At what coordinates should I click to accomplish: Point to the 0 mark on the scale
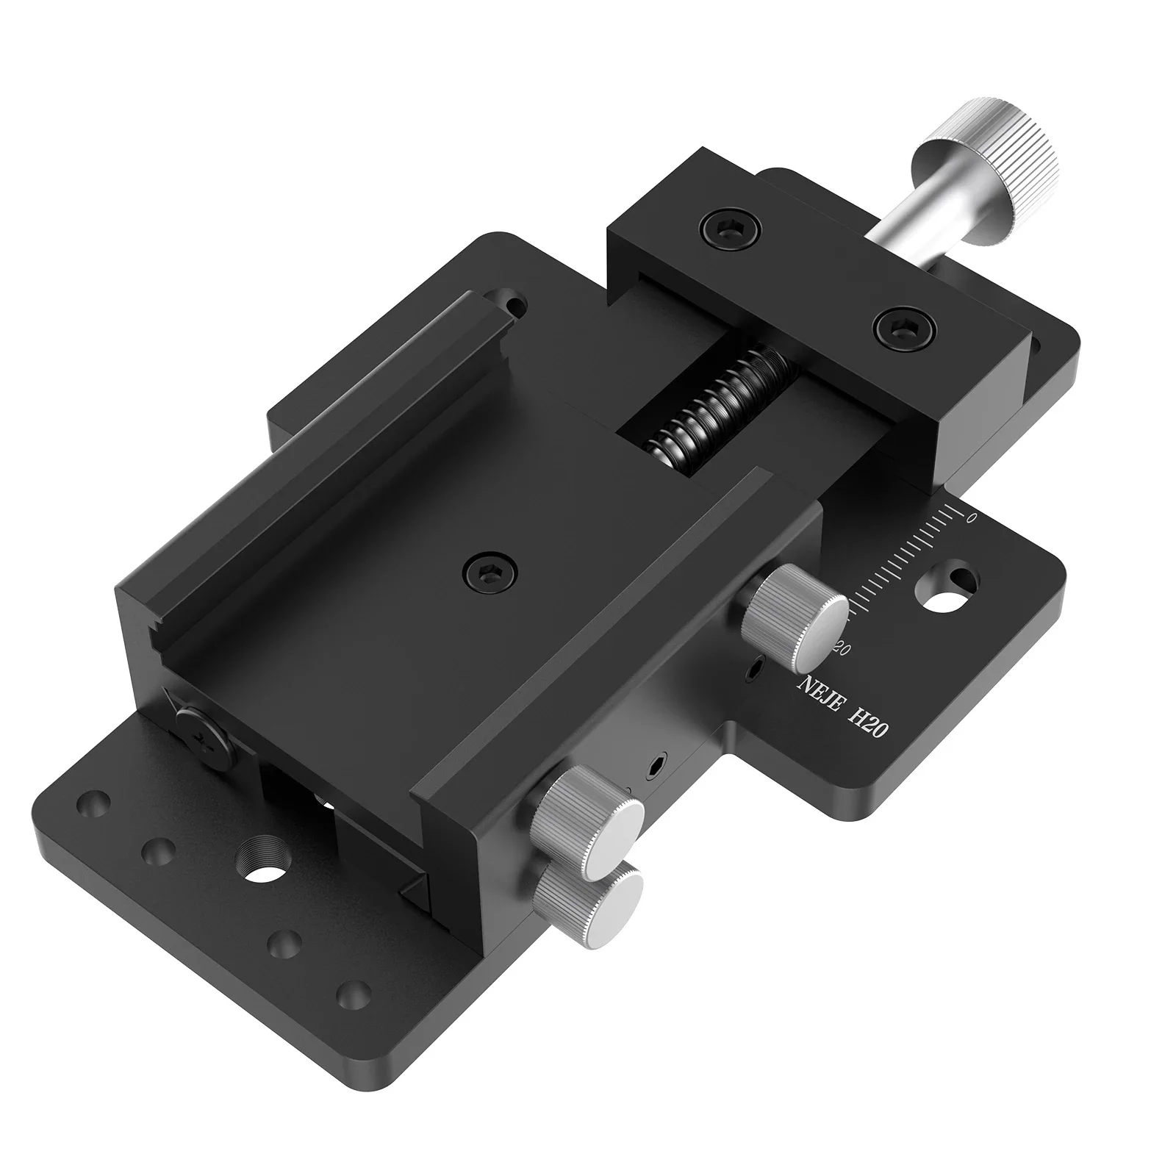pos(972,517)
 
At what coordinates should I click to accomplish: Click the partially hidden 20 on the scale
pos(843,649)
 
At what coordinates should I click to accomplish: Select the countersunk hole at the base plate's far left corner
pos(93,801)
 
